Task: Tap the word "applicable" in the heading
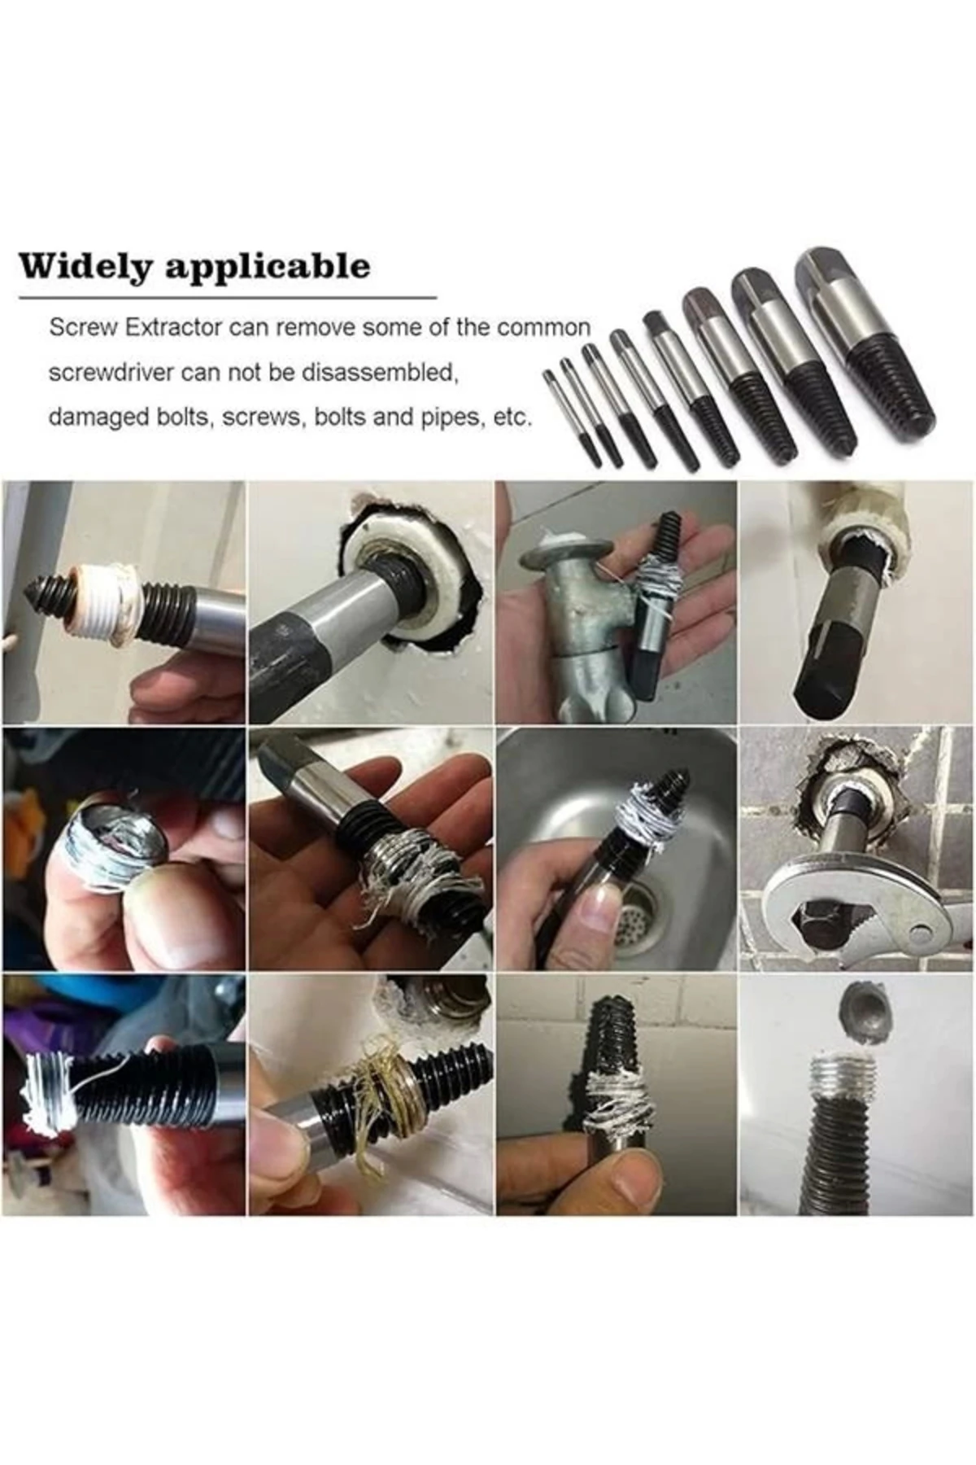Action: (268, 268)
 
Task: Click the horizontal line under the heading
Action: (228, 299)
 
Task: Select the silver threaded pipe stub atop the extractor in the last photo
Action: (843, 1078)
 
